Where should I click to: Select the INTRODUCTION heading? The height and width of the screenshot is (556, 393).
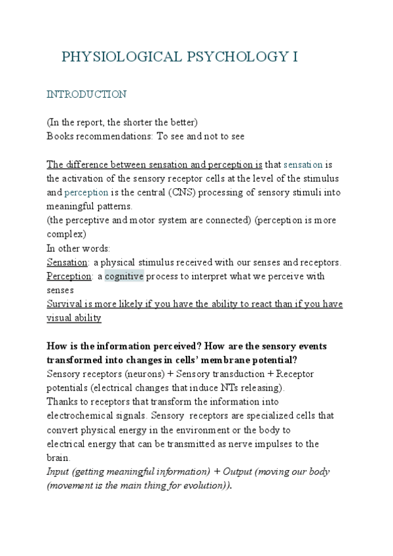tap(86, 94)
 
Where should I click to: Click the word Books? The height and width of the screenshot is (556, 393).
tap(60, 136)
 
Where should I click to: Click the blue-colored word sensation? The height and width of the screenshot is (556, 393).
tap(303, 164)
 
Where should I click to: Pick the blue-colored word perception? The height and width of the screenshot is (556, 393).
tap(87, 192)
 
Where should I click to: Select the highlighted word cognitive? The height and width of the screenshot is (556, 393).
tap(124, 277)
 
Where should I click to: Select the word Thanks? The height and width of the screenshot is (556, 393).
tap(62, 401)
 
